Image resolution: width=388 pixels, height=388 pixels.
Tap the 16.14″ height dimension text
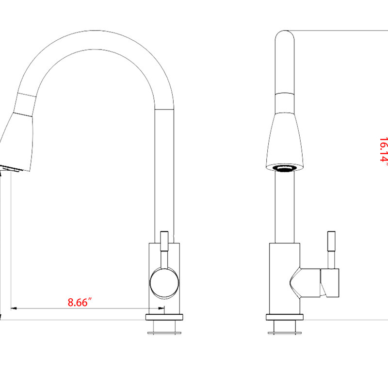point(383,149)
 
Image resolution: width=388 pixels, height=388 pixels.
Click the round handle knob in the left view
point(164,283)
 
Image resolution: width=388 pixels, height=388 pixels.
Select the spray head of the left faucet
point(16,142)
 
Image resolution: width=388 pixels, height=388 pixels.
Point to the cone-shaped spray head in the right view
point(285,142)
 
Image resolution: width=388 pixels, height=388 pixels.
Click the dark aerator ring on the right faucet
point(285,168)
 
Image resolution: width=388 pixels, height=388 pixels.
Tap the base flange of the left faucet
point(164,317)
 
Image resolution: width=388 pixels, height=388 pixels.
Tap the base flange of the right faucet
point(285,317)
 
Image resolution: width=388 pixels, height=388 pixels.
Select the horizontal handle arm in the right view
point(310,283)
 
